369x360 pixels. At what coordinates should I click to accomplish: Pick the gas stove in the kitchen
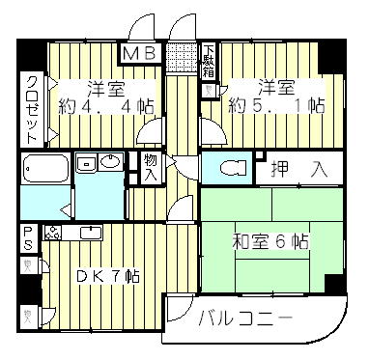click(52, 232)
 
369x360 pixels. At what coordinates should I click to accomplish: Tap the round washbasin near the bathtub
click(111, 162)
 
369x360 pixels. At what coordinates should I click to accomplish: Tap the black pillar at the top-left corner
click(29, 54)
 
